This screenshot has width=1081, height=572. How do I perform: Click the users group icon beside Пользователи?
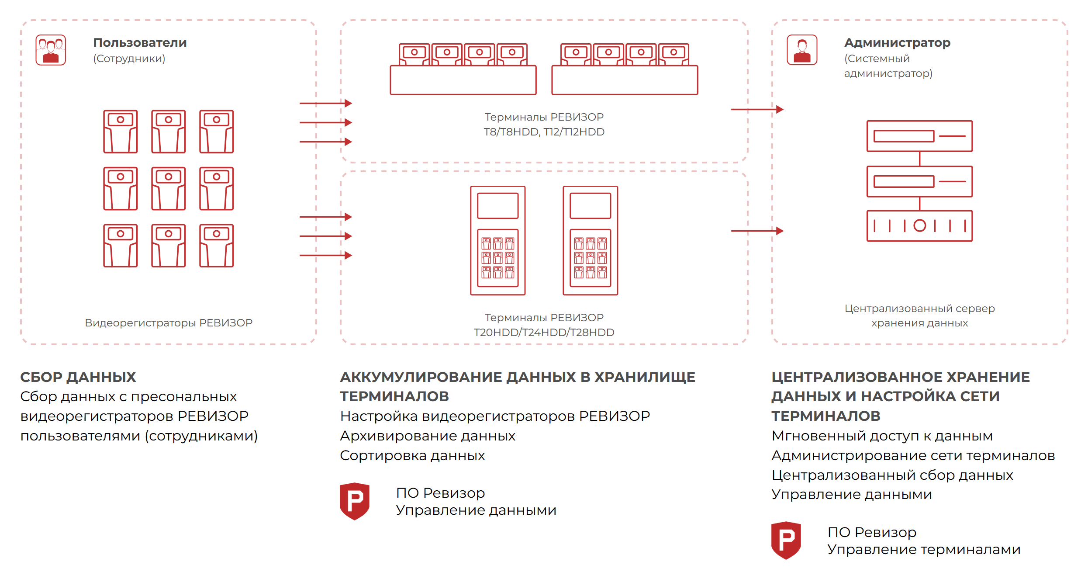click(x=51, y=50)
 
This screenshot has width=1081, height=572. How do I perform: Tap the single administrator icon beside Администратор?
click(x=802, y=50)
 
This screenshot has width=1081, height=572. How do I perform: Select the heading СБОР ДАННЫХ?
click(x=78, y=377)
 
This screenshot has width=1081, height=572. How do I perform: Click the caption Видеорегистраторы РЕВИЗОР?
click(x=169, y=323)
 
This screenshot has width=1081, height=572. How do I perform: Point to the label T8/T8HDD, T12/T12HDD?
click(x=544, y=132)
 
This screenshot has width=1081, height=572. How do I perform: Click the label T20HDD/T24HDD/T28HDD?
click(x=544, y=333)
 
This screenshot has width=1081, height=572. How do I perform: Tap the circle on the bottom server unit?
click(x=919, y=225)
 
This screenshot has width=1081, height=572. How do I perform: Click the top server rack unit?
click(x=919, y=136)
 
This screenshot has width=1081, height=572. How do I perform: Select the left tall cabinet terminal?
click(x=497, y=241)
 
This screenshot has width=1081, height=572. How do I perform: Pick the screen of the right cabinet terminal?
click(x=590, y=205)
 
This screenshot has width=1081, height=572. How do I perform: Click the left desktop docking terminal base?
click(x=463, y=80)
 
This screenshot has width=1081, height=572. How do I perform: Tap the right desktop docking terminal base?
click(x=625, y=80)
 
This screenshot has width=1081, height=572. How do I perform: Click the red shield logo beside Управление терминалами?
click(x=786, y=541)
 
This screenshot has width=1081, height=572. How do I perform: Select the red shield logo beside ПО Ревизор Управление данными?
click(x=355, y=501)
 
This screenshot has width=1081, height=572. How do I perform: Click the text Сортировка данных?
click(x=412, y=455)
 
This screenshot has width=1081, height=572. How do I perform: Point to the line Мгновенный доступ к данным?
click(x=882, y=436)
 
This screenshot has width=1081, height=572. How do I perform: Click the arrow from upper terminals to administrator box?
click(x=757, y=109)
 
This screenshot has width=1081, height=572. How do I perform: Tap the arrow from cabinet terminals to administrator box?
click(x=757, y=231)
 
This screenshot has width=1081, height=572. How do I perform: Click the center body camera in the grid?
click(x=169, y=189)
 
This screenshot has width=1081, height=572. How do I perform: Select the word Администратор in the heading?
click(x=897, y=43)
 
